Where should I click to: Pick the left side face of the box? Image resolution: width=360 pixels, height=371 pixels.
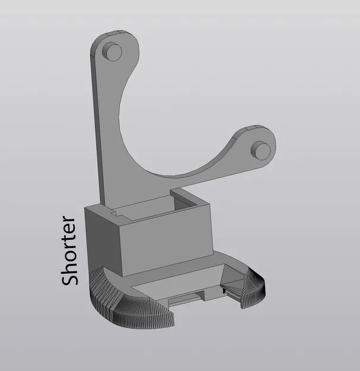102,237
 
